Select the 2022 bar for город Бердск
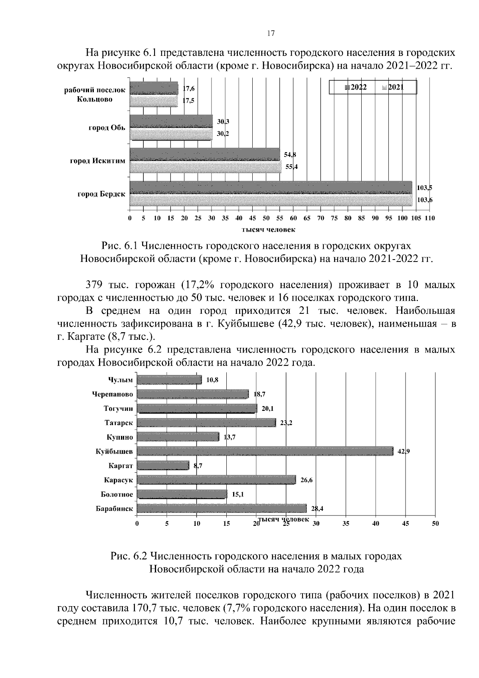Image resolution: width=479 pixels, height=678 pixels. [271, 187]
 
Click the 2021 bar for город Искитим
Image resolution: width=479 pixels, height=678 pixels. [206, 167]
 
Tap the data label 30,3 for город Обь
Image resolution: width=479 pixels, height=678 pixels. [223, 121]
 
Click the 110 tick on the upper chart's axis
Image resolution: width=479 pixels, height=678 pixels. [430, 218]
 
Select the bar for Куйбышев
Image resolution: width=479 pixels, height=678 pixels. [265, 451]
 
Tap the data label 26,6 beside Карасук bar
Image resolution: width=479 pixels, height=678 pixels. [306, 480]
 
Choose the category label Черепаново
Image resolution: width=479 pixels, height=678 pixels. [112, 395]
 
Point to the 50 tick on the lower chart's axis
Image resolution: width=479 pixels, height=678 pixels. [435, 524]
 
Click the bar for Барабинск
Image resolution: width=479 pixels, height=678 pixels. [222, 508]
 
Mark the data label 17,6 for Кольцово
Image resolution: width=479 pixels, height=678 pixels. [188, 88]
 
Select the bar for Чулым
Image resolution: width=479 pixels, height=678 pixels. [169, 380]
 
